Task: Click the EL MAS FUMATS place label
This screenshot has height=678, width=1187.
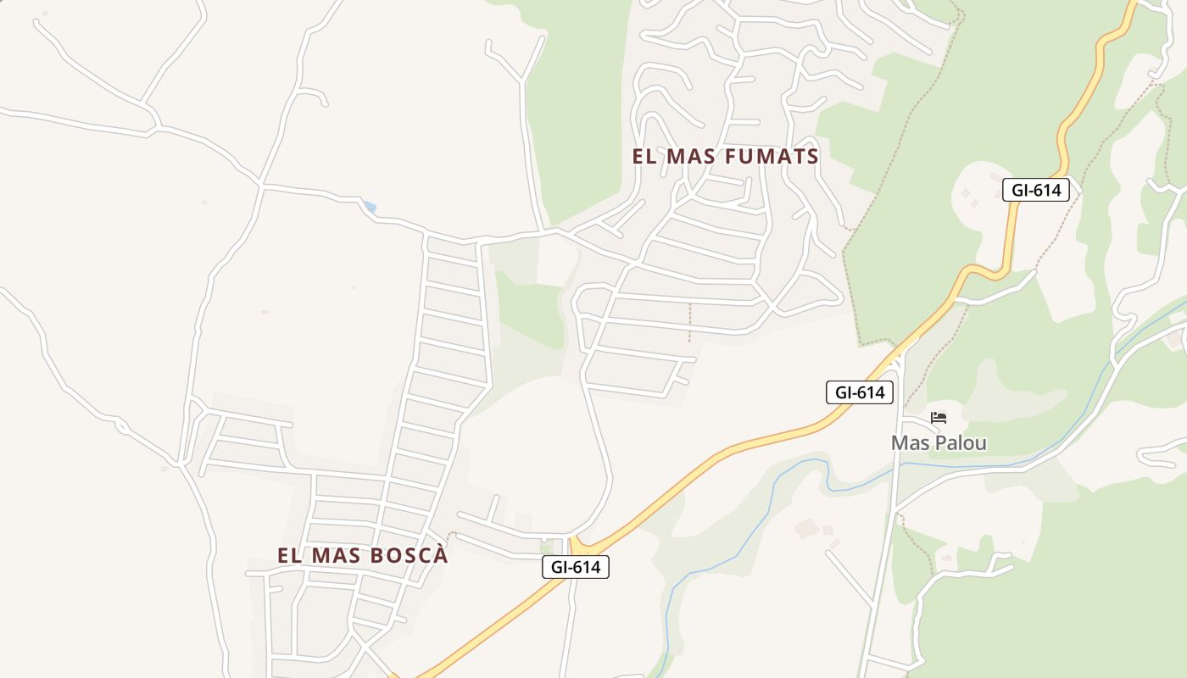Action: coord(725,157)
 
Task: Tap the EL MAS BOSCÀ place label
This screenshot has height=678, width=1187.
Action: coord(362,556)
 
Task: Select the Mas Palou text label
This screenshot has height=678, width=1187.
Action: coord(939,443)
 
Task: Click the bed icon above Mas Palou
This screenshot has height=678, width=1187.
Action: coord(939,418)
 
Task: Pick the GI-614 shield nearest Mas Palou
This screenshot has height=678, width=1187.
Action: coord(860,392)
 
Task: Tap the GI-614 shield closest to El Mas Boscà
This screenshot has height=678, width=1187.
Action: coord(576,567)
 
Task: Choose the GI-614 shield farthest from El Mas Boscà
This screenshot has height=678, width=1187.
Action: coord(1036,190)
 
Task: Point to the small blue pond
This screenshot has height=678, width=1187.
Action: coord(369,207)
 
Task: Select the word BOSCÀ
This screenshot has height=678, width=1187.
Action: coord(410,556)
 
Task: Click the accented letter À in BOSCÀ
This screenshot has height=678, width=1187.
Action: coord(440,555)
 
